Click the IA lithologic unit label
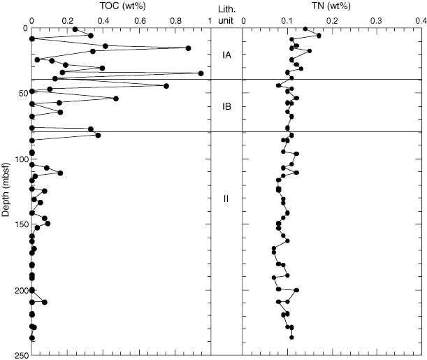tap(226, 55)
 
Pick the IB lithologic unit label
tap(226, 107)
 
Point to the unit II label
tap(226, 199)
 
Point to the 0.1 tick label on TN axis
tap(287, 21)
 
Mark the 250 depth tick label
tap(20, 356)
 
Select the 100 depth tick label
tap(20, 159)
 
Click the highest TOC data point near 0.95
tap(201, 73)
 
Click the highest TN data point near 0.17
tap(319, 35)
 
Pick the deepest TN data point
tap(291, 338)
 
